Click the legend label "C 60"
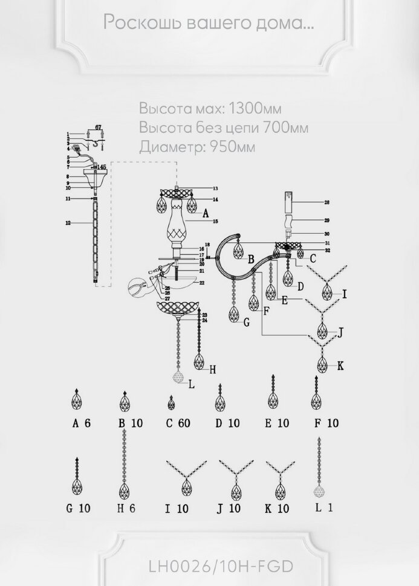pyautogui.click(x=178, y=423)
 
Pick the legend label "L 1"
pyautogui.click(x=323, y=508)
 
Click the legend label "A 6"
pyautogui.click(x=81, y=423)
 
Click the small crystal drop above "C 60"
pyautogui.click(x=172, y=403)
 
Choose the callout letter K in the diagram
pyautogui.click(x=340, y=365)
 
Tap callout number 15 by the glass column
pyautogui.click(x=215, y=222)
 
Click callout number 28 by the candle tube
pyautogui.click(x=326, y=203)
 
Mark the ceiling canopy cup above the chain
pyautogui.click(x=95, y=178)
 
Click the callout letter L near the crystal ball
pyautogui.click(x=191, y=383)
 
